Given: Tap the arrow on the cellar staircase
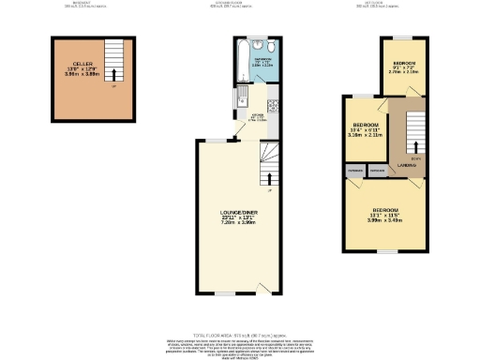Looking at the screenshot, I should tap(114, 73).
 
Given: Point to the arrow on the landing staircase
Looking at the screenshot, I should tap(409, 143).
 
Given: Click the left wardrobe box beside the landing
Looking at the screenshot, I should tap(355, 172).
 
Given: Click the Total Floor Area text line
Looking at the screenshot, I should tap(240, 335).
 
